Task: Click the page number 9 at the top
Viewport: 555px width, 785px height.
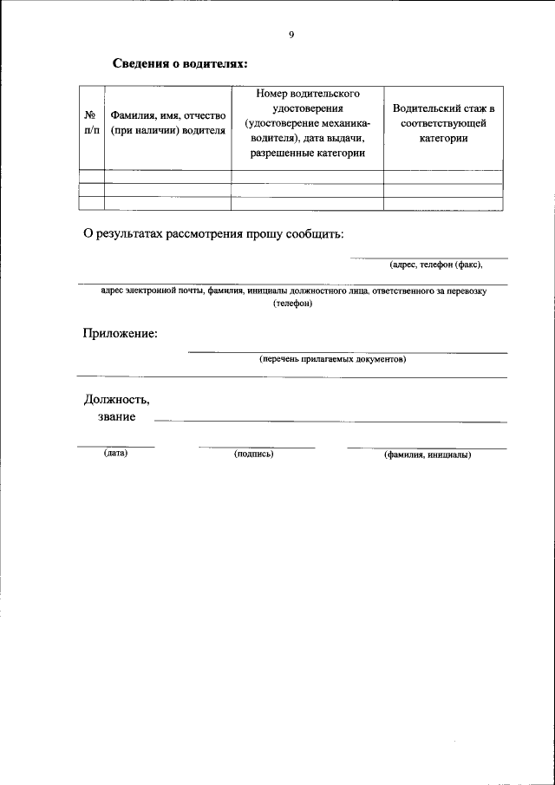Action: tap(291, 35)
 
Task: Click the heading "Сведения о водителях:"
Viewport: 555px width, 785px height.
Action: tap(180, 64)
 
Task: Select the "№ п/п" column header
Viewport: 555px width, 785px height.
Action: tap(91, 122)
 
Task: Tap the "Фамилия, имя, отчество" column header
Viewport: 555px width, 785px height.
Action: tap(167, 122)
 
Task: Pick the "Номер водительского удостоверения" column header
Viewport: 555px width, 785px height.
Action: tap(307, 123)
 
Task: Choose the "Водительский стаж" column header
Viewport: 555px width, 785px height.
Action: tap(443, 123)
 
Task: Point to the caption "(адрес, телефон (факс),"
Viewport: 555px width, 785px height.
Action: tap(435, 265)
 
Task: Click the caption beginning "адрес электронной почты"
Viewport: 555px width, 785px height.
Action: tap(293, 291)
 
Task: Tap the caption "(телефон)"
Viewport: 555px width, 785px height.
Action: tap(292, 304)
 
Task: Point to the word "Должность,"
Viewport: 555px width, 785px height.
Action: tap(116, 400)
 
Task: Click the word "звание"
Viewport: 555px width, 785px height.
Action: tap(116, 417)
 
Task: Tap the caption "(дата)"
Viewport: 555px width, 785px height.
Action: tap(115, 453)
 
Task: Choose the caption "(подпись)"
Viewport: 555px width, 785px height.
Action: tap(254, 453)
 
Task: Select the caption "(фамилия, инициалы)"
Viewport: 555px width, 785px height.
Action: tap(427, 454)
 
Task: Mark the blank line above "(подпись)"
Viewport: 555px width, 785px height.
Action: tap(256, 447)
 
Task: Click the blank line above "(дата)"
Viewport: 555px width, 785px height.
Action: tap(115, 447)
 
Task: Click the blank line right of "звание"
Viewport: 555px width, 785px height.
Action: tap(330, 421)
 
